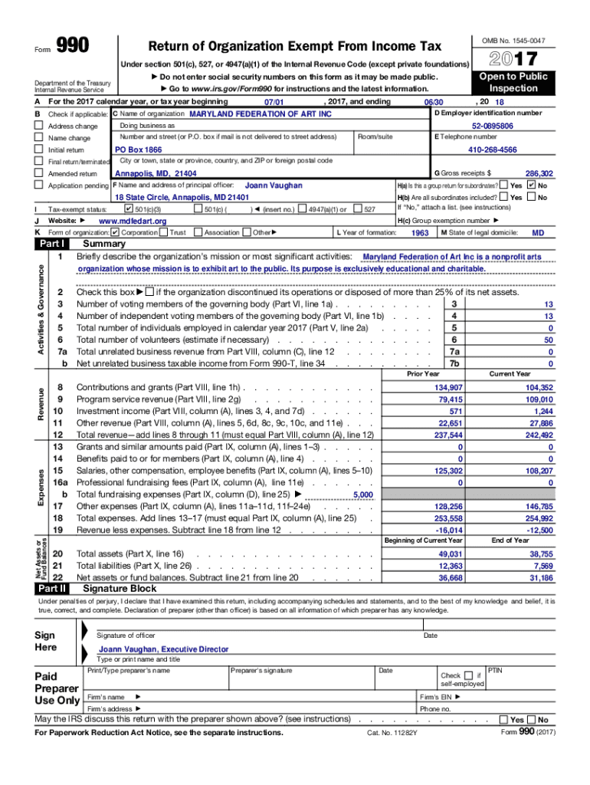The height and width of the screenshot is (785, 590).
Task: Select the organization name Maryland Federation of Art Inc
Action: (x=261, y=113)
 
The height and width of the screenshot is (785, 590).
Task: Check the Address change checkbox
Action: (x=38, y=126)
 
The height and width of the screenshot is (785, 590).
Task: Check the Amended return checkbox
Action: (x=38, y=174)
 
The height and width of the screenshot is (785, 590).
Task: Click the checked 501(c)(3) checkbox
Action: (x=128, y=209)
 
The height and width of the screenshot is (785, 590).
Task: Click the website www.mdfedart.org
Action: (x=133, y=221)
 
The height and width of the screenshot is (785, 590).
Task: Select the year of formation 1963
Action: (x=420, y=232)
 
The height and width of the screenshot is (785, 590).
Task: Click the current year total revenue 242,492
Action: (x=536, y=435)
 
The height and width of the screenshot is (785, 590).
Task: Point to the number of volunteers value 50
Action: (x=548, y=340)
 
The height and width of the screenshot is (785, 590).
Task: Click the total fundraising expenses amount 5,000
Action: (x=362, y=495)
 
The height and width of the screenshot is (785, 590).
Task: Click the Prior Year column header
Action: (x=423, y=374)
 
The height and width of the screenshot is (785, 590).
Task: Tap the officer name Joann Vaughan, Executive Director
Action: (x=163, y=649)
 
